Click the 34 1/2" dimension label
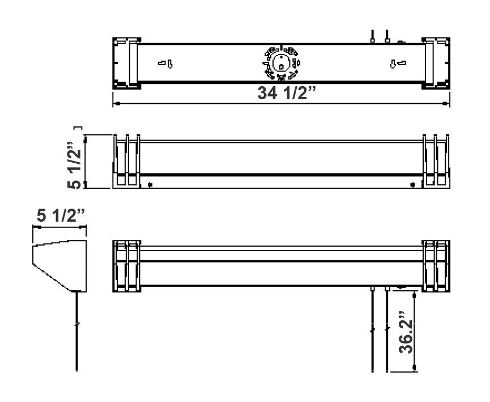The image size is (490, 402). pyautogui.click(x=287, y=93)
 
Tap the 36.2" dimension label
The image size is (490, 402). pyautogui.click(x=406, y=333)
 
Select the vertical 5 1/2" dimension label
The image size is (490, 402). pyautogui.click(x=74, y=165)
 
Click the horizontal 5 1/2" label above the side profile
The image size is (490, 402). pyautogui.click(x=61, y=215)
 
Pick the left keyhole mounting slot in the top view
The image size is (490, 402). pyautogui.click(x=165, y=64)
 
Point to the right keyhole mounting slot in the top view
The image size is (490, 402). pyautogui.click(x=398, y=64)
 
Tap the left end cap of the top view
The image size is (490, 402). pyautogui.click(x=126, y=64)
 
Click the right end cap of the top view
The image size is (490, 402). pyautogui.click(x=436, y=64)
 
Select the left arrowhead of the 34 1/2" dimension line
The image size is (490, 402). pyautogui.click(x=117, y=103)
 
